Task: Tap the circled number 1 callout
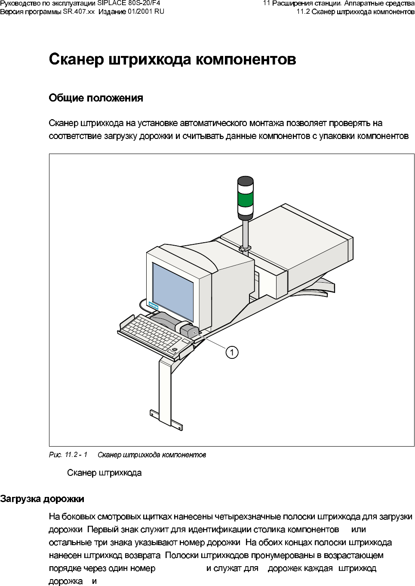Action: tap(232, 352)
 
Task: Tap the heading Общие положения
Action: tap(96, 98)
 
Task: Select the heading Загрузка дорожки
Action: tap(42, 499)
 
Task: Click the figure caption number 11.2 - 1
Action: tap(76, 455)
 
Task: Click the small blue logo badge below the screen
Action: tap(154, 306)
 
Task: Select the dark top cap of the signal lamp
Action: tap(246, 181)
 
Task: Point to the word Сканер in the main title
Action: tap(76, 59)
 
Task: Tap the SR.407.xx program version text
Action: tap(79, 12)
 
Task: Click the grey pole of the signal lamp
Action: tap(245, 232)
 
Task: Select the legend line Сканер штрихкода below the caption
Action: tap(105, 473)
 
